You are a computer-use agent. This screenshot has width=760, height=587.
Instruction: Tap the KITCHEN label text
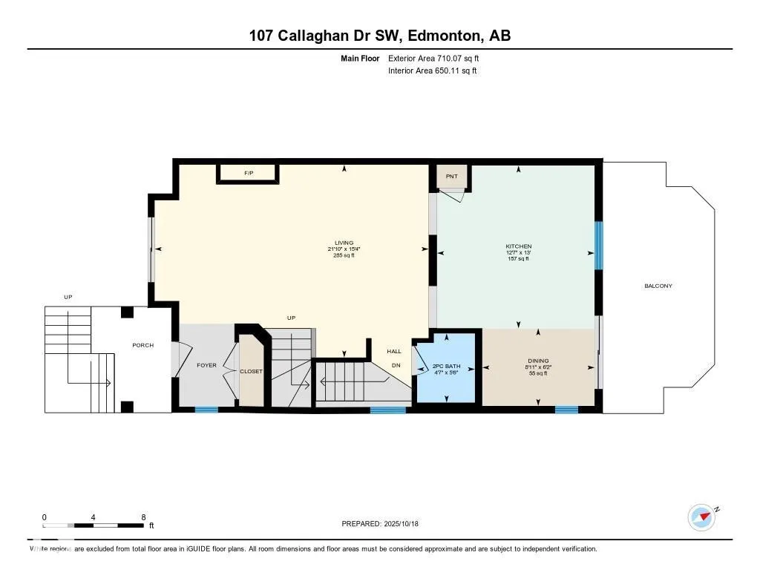pos(519,246)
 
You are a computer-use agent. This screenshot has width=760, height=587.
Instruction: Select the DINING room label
pos(538,361)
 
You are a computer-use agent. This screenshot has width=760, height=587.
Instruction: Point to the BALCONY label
pos(658,286)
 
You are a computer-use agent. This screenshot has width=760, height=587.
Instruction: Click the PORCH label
pos(142,345)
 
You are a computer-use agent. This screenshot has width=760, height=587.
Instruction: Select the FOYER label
pos(206,365)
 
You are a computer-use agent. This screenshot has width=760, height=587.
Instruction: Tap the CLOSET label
pos(251,371)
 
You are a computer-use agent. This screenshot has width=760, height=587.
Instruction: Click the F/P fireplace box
pos(249,174)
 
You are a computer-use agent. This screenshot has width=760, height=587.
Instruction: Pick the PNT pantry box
pos(452,176)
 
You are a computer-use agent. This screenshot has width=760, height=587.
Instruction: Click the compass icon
pos(701,517)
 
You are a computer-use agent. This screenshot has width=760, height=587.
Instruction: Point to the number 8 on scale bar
pos(142,517)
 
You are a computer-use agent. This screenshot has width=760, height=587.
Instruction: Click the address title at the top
pos(379,36)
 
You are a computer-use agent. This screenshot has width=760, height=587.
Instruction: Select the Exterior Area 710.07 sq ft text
pos(439,58)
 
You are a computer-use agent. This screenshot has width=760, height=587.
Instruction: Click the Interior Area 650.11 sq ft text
pos(432,71)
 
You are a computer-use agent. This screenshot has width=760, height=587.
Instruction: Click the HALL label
pos(394,351)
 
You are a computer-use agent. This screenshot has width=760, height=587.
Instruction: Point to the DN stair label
pos(396,365)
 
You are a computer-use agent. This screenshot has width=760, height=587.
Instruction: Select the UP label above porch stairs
pos(68,297)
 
